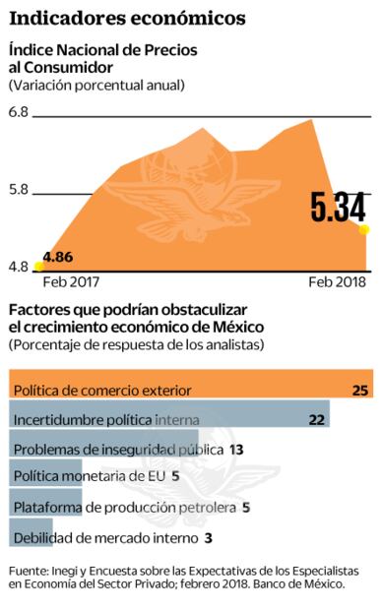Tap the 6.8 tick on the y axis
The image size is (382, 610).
(18, 113)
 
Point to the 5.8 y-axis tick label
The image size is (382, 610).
(18, 189)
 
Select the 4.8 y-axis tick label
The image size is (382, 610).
(18, 266)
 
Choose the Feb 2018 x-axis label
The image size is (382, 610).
(338, 282)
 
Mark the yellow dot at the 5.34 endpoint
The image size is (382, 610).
(363, 230)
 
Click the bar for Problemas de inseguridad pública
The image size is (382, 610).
(103, 449)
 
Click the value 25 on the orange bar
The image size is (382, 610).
(359, 391)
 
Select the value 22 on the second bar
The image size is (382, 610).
(316, 420)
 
